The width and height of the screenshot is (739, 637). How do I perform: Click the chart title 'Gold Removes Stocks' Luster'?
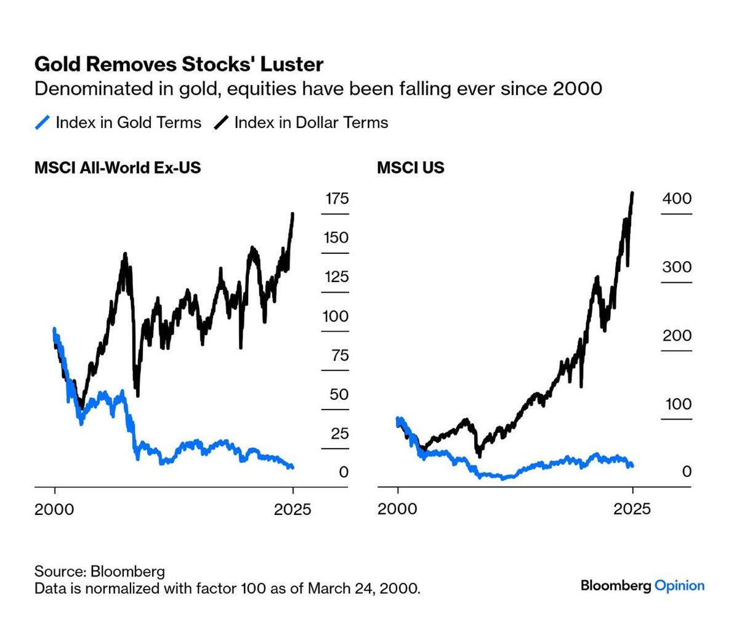pos(179,64)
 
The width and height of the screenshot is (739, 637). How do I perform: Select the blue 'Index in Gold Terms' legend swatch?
pos(42,123)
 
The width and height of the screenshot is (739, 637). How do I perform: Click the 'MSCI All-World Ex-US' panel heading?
pos(118,168)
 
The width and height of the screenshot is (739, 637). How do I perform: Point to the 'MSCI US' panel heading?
pos(410,168)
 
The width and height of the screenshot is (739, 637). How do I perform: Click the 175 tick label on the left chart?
pos(337,198)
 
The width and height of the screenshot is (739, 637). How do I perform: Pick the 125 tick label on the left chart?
pos(337,277)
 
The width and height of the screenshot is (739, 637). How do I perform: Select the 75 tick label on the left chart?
pos(337,355)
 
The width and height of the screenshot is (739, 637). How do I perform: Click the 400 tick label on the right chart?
pos(677,198)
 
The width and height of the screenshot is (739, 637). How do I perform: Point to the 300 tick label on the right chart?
pos(677,267)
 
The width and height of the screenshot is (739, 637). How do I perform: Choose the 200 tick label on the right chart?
pos(677,335)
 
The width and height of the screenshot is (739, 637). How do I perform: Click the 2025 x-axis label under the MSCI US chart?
pos(632,509)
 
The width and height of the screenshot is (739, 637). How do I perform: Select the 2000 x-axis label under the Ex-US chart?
pos(55,509)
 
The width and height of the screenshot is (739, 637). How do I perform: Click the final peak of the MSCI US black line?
pos(632,193)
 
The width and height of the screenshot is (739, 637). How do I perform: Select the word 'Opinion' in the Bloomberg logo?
pos(679,585)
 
